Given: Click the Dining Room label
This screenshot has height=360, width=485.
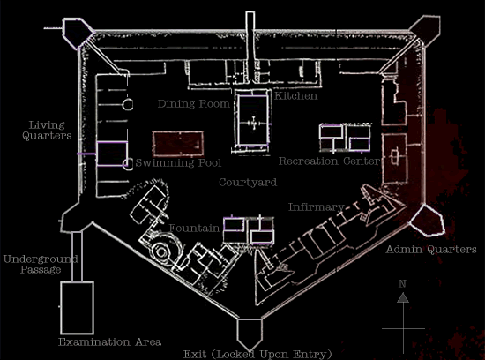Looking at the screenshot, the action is pos(194,104).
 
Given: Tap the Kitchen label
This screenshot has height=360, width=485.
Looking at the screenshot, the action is pos(296,96).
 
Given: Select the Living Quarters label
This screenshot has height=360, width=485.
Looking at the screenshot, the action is pos(47,131).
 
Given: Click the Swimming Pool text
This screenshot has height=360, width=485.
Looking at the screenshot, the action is pos(178,163).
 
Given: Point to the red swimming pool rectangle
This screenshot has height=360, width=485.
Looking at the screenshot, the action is pos(178,144).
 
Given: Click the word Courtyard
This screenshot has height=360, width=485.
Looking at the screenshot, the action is pos(248,183).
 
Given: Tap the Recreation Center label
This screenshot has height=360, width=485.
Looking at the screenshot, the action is pos(330,161).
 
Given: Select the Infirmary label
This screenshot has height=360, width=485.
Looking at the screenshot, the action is pos(316,206).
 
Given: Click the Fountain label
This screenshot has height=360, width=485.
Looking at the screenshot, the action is pos(194,229).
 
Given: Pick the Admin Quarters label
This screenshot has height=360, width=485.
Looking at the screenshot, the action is pos(431,249).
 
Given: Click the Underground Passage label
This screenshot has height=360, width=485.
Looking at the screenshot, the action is pos(41,264).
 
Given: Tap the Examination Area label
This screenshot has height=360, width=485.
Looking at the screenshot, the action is pos(110,342).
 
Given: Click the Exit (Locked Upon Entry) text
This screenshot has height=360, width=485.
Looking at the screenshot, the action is pos(257,354).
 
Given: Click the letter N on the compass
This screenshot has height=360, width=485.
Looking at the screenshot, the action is pos(402,283).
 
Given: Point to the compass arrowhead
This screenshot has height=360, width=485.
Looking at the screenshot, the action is pos(403,297).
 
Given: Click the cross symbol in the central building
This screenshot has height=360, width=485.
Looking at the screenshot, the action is pos(254,124).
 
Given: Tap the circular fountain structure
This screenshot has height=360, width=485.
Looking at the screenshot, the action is pos(161,251).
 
